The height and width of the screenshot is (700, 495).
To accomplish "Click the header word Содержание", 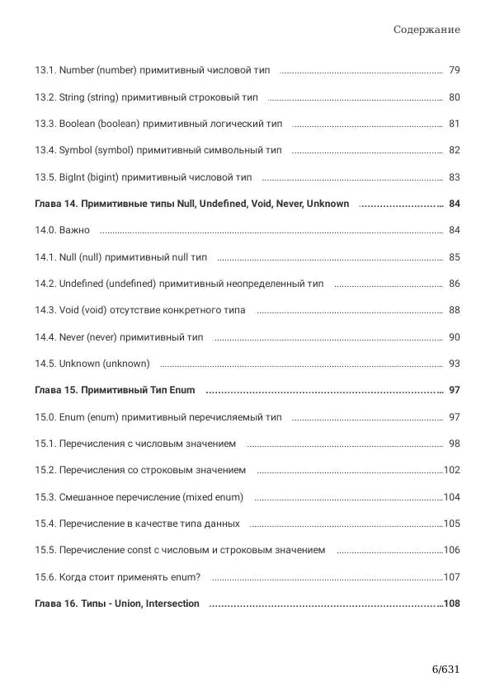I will click(427, 30).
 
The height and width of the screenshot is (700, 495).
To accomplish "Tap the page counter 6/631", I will click(445, 669).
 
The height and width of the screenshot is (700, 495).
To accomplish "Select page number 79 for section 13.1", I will click(455, 71).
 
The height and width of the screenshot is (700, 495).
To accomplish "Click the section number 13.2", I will click(45, 97).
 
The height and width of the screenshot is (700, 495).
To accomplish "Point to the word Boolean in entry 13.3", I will click(78, 124).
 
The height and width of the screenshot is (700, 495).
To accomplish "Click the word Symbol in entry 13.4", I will click(75, 151).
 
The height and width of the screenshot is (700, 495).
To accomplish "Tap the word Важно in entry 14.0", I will click(74, 230).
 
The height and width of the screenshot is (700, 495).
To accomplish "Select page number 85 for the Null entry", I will click(455, 257).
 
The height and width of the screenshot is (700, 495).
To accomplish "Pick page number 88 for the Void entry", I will click(455, 310).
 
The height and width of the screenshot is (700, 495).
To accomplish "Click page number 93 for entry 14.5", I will click(455, 364).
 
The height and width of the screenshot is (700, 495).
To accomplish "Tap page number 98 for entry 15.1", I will click(455, 444).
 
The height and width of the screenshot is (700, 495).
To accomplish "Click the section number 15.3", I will click(45, 497).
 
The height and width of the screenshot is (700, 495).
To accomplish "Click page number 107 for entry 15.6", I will click(452, 577).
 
